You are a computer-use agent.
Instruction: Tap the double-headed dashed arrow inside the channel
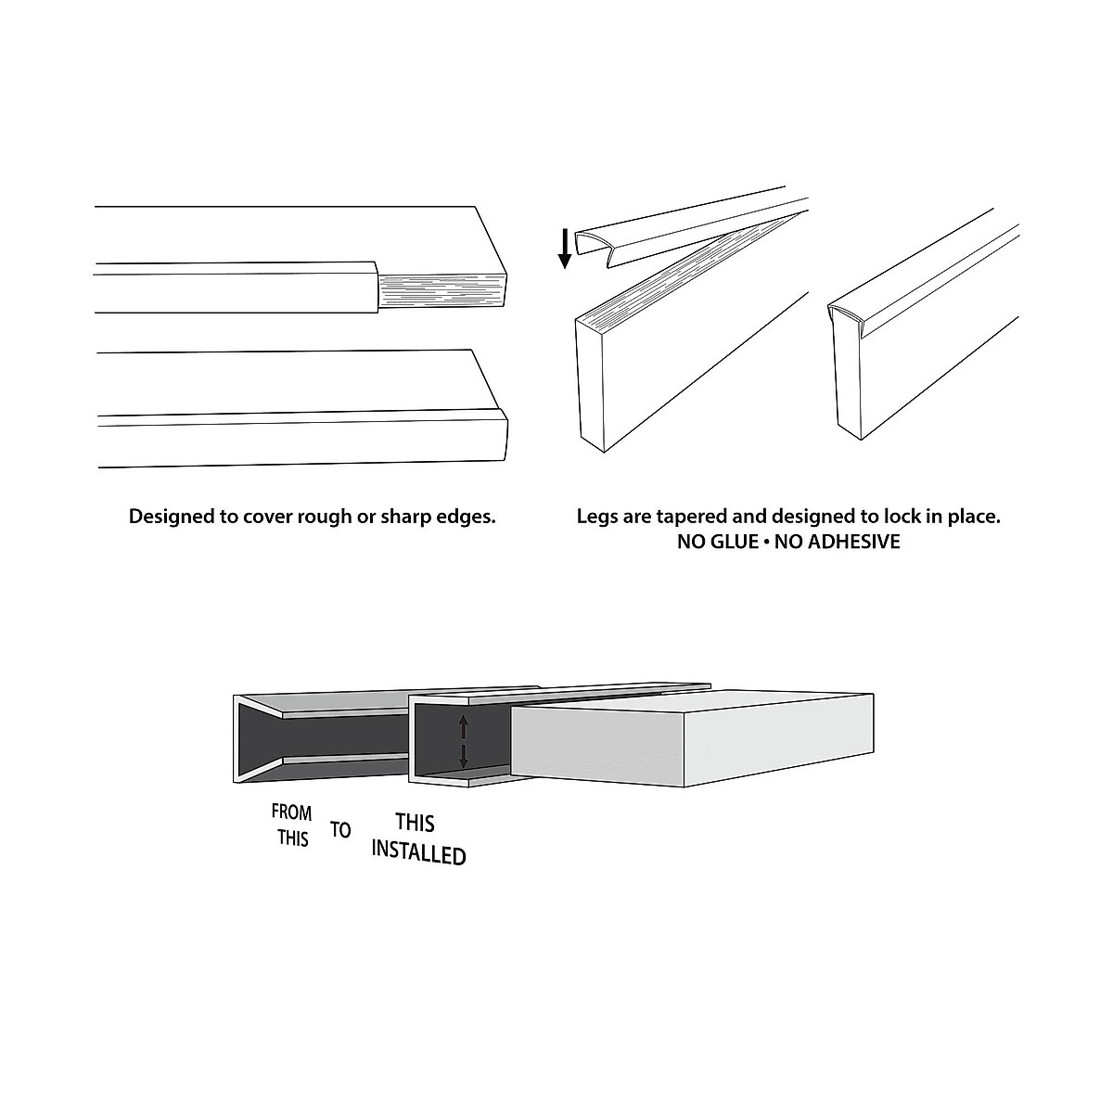[464, 741]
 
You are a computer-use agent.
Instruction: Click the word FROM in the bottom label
[291, 812]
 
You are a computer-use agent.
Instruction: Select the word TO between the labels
[340, 829]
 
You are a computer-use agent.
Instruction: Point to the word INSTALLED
[418, 852]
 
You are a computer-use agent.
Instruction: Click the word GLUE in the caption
[734, 542]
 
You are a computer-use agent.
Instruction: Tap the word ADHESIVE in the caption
[853, 542]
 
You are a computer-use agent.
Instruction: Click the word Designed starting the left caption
[170, 517]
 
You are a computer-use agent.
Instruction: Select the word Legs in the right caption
[596, 517]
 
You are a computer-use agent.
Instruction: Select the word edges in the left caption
[467, 517]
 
